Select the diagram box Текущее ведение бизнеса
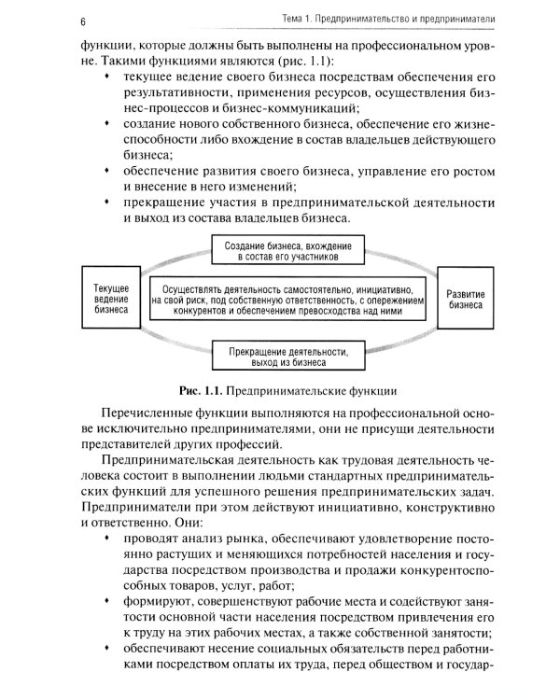click(111, 301)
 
